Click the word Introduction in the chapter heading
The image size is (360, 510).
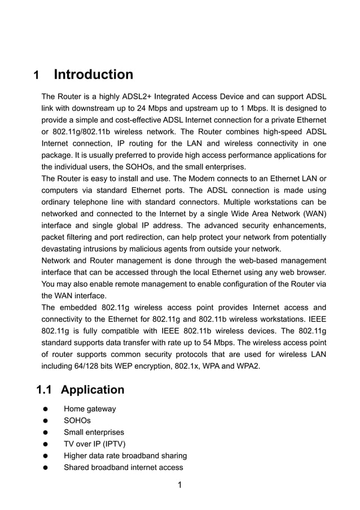pos(94,75)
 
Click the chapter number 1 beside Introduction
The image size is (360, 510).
pos(37,76)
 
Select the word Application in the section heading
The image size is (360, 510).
pos(93,390)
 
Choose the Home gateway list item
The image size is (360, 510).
pos(90,409)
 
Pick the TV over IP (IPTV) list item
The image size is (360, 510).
pos(95,444)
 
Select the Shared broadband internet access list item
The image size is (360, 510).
pos(123,467)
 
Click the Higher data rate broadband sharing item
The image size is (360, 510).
pos(125,456)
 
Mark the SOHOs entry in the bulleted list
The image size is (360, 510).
pos(77,421)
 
